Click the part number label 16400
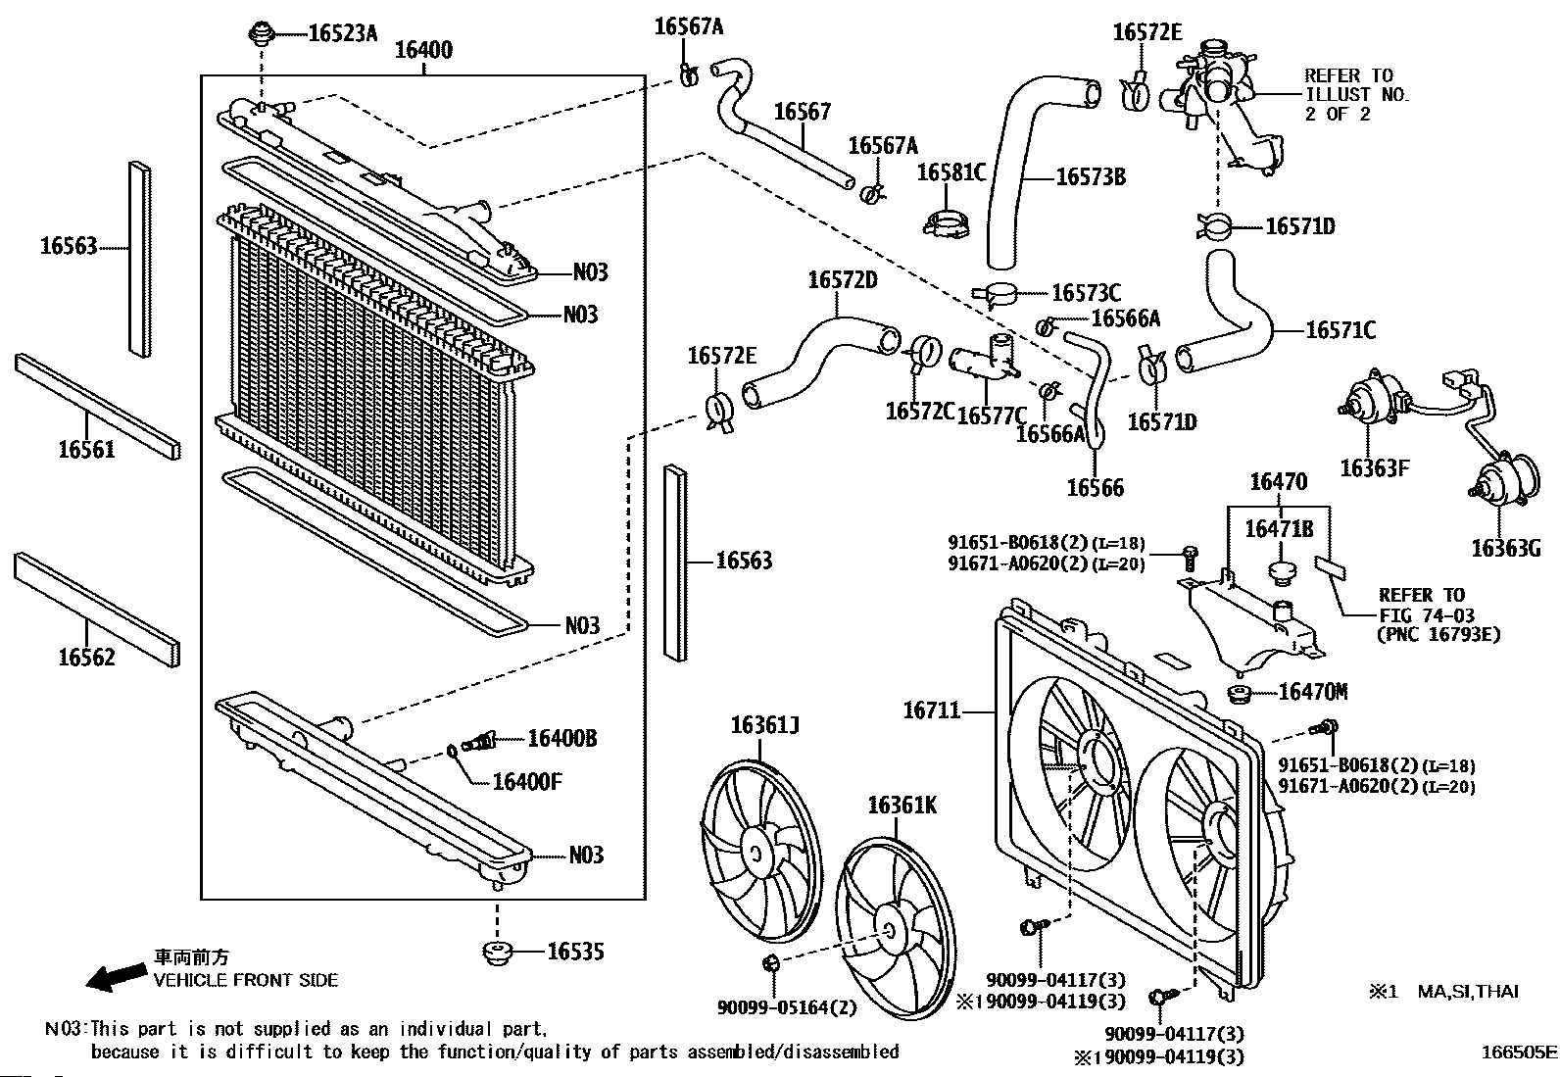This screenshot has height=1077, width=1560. pos(423,50)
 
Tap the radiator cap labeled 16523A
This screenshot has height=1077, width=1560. pos(262,33)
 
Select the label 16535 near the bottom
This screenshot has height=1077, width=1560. pos(575,952)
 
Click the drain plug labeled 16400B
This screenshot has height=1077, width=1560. pos(478,741)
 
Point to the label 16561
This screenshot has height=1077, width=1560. pos(86,450)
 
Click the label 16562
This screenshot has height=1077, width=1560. pos(86,657)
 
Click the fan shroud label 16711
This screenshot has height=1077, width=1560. pos(932,710)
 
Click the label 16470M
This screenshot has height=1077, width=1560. pos(1313,692)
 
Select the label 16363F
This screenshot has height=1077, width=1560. pos(1375,468)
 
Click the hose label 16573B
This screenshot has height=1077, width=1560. pos(1091,177)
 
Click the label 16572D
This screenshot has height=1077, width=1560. pos(843,280)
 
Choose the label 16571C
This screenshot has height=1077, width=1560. pos(1341,330)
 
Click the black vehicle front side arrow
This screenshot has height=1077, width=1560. pos(116,977)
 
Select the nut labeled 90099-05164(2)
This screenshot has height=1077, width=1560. pos(771,963)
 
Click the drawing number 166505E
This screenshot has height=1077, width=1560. pos(1518,1052)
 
